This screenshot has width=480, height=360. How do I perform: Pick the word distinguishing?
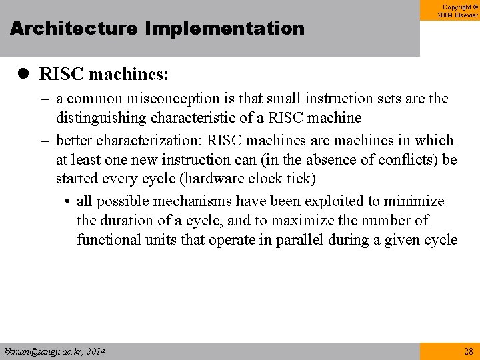coord(97,118)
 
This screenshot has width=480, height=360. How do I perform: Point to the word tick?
coord(299,179)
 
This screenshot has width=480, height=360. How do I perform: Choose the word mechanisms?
coord(176,201)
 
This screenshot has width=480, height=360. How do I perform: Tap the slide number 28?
coord(467,351)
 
